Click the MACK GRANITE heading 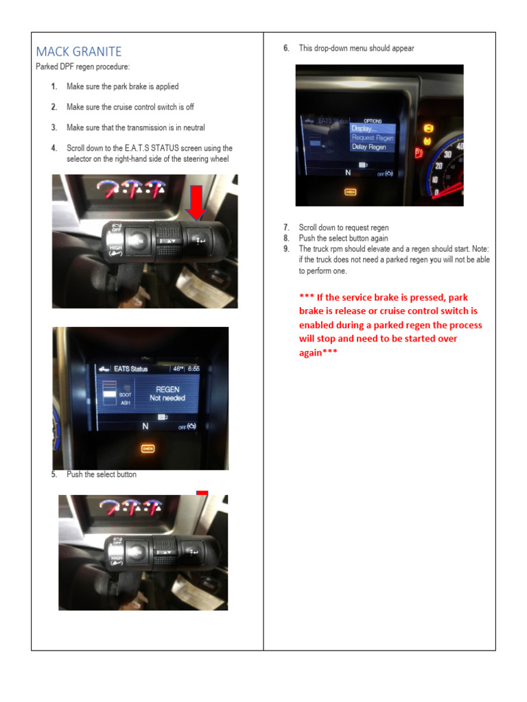pos(78,51)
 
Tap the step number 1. pos(54,87)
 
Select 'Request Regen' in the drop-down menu pos(373,138)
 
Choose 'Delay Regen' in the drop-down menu pos(368,147)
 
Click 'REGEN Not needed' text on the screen pos(167,394)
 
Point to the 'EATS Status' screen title pos(130,369)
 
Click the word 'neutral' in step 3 pos(191,128)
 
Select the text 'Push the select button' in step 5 pos(101,474)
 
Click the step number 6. pos(286,48)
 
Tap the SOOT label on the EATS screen pos(125,395)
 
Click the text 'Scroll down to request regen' pos(344,227)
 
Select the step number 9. pos(286,249)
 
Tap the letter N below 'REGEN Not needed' pos(145,426)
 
